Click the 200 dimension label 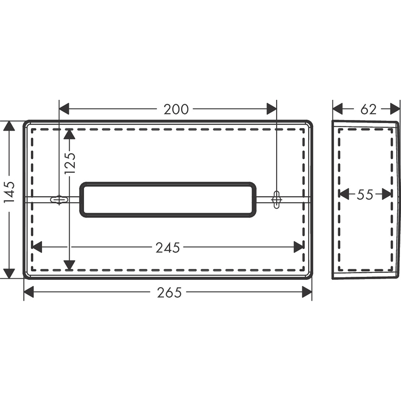176,109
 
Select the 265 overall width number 169,292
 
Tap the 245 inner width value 168,247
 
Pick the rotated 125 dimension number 70,163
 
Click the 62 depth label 369,109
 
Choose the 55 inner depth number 365,194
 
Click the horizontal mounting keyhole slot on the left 59,199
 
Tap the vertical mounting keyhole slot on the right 276,199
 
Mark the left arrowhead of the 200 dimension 64,109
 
